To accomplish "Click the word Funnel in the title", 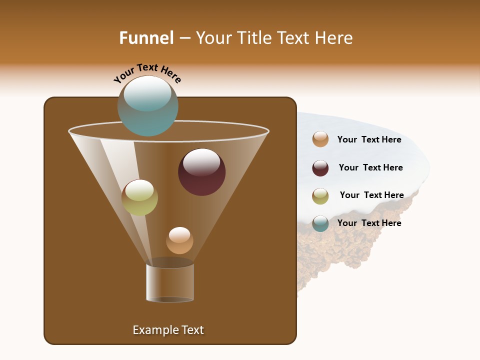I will point(146,38).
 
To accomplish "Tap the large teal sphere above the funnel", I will point(148,106).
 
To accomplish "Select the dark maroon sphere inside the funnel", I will point(201,172).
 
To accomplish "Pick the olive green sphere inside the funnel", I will point(139,197).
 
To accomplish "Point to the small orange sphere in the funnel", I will point(179,240).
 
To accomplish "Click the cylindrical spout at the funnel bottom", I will point(170,282).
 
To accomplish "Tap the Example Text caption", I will point(168,330).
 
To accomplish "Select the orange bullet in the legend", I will point(320,139).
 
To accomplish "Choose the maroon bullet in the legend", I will point(320,168).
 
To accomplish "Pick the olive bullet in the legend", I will point(320,196).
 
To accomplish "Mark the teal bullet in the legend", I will point(320,223).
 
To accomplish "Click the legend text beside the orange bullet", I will point(369,140).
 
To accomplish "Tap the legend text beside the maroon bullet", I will point(370,167).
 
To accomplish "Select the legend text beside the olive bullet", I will point(371,195).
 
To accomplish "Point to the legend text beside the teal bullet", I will point(369,223).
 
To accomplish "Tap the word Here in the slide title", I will point(334,38).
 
